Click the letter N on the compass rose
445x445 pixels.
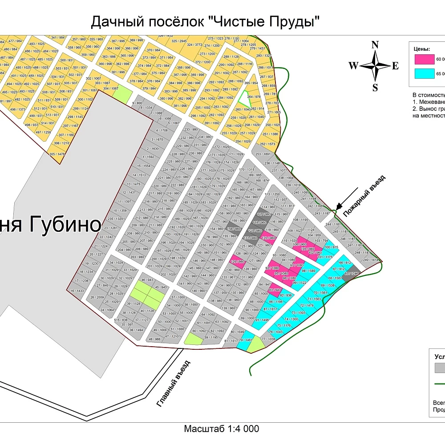pos(375,44)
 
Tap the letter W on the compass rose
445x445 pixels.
pos(353,66)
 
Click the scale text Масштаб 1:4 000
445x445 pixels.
pos(221,429)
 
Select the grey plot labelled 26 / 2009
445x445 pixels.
pos(97,297)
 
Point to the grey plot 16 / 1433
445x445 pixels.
pos(77,291)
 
